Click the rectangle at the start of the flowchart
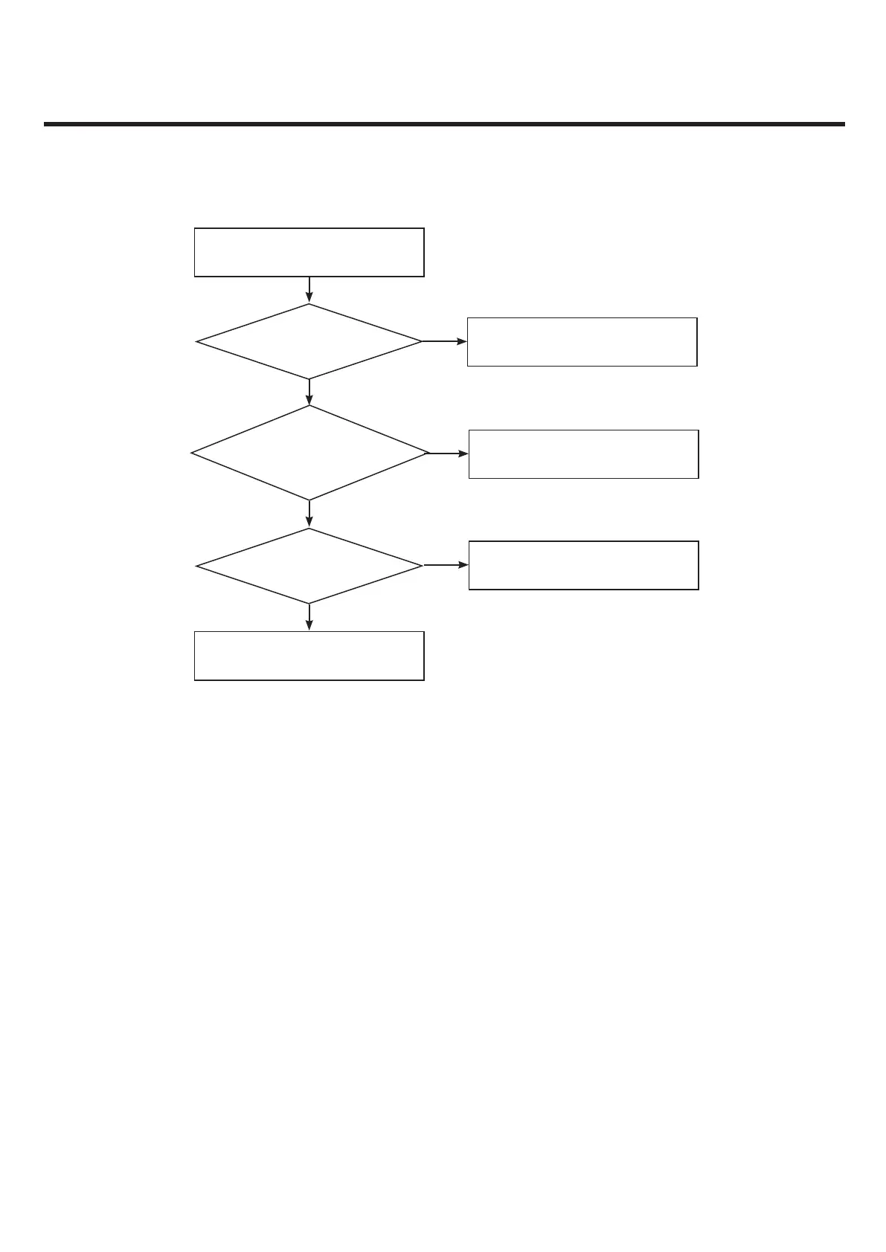(309, 253)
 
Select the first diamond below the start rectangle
(309, 341)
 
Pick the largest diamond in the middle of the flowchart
(309, 453)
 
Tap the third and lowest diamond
(309, 566)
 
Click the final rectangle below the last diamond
(309, 656)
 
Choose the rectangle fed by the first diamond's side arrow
(582, 342)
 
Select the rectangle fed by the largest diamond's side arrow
(583, 454)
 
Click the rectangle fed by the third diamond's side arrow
(583, 565)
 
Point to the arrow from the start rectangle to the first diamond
(309, 290)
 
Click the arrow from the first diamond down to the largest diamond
(309, 392)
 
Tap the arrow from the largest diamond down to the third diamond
(309, 514)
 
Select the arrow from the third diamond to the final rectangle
(309, 617)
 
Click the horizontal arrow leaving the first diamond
(445, 341)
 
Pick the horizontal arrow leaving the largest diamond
(449, 453)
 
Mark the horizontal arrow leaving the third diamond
(446, 565)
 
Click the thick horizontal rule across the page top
(444, 124)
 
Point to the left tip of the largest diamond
(193, 453)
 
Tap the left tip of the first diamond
(197, 341)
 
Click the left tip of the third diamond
(197, 566)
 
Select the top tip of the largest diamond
(309, 407)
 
